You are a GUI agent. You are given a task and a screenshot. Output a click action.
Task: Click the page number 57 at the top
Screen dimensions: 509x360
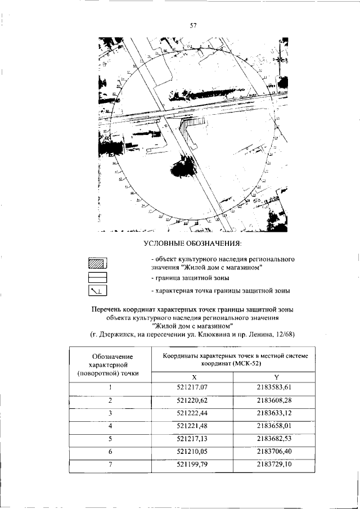[x=192, y=25]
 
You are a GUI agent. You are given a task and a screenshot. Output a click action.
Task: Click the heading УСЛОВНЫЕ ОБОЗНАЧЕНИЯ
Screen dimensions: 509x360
[x=192, y=243]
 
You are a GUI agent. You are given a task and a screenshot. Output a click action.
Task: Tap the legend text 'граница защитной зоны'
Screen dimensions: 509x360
[x=193, y=278]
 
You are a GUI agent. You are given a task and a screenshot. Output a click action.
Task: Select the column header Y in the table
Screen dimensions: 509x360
[x=276, y=376]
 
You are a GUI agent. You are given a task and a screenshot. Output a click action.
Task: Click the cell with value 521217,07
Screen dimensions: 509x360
[x=192, y=387]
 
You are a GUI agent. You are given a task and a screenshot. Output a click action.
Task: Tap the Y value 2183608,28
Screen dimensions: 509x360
[x=276, y=400]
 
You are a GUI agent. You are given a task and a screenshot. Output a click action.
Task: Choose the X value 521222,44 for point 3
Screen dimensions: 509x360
[x=192, y=413]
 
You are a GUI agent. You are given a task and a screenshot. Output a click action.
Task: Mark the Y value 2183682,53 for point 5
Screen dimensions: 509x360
[x=276, y=439]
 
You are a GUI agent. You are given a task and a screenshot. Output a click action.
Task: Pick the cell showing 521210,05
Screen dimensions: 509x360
[x=192, y=452]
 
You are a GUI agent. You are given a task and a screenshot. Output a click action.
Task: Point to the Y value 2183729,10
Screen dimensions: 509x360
[x=276, y=465]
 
